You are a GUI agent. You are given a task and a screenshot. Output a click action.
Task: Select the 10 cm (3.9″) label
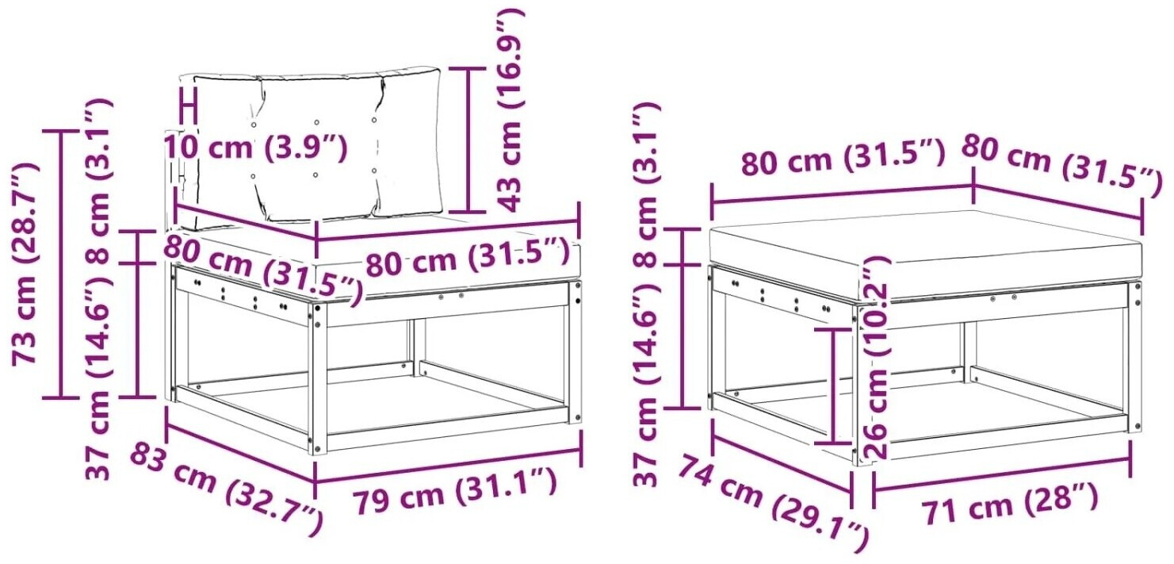[x=255, y=148]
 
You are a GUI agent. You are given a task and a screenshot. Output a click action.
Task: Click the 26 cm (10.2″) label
[x=874, y=358]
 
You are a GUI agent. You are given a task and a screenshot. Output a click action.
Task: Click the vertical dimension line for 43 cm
[x=468, y=140]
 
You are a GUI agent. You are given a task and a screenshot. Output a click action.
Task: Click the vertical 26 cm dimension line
[x=833, y=386]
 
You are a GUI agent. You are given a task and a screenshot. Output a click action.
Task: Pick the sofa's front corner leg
[x=318, y=378]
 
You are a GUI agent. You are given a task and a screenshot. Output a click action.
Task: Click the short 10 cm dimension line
[x=188, y=106]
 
